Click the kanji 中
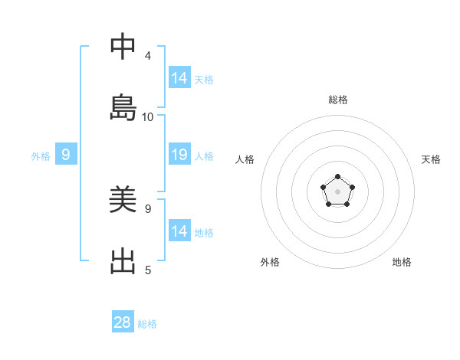point(123,47)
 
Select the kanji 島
point(123,108)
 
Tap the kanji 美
point(123,200)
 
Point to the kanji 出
point(123,261)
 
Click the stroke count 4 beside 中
point(148,56)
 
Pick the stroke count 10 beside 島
point(148,117)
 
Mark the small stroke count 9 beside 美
point(148,208)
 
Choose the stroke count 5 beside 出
point(148,270)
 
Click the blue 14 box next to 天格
point(179,78)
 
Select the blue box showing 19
point(179,155)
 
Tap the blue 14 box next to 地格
point(179,231)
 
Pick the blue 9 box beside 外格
point(66,155)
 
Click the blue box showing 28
point(123,322)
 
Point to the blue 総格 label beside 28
point(147,324)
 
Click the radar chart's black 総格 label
point(338,100)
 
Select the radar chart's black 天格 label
point(431,159)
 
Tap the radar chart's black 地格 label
point(402,262)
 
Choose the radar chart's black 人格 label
point(245,159)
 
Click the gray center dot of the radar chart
point(337,191)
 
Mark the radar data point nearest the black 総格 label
point(337,177)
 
